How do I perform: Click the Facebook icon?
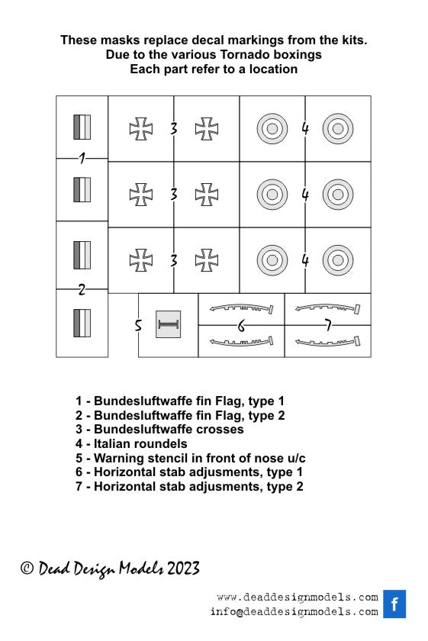[x=394, y=604]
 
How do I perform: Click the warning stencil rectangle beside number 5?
[x=168, y=324]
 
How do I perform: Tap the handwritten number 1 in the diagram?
[x=82, y=158]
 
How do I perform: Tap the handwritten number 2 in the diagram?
[x=82, y=289]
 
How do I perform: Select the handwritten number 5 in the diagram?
[x=138, y=325]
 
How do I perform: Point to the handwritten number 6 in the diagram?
[x=241, y=326]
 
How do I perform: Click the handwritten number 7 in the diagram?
[x=328, y=325]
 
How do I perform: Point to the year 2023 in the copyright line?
[x=183, y=569]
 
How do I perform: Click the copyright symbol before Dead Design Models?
[x=27, y=568]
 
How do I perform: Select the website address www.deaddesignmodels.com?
[x=298, y=598]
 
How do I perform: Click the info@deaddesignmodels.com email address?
[x=294, y=612]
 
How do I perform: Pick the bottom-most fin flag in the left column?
[x=82, y=323]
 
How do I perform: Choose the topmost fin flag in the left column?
[x=82, y=127]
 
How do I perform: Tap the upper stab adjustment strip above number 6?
[x=241, y=308]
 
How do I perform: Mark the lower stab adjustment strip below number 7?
[x=328, y=341]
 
